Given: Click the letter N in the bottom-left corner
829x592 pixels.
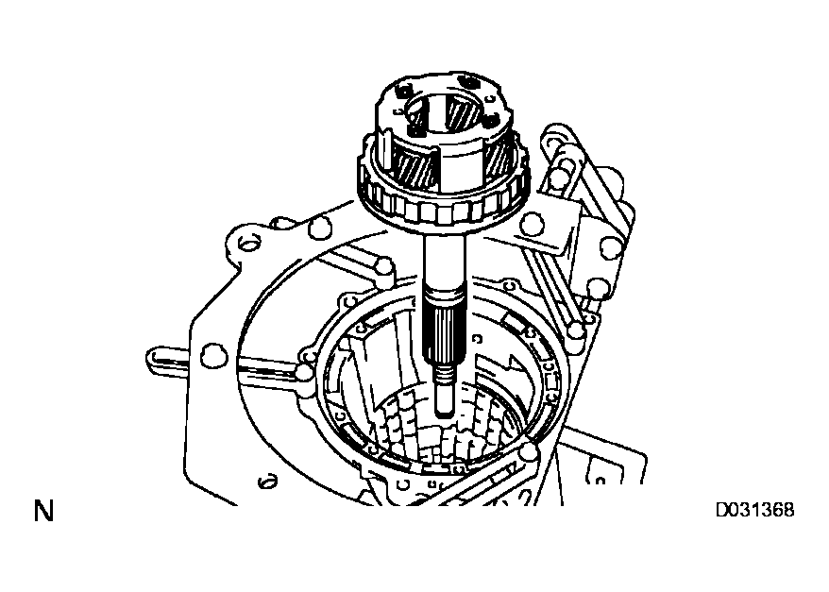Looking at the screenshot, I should click(x=43, y=512).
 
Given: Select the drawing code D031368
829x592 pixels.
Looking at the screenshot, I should click(x=754, y=511).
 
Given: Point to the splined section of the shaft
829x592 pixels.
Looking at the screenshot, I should click(x=445, y=335).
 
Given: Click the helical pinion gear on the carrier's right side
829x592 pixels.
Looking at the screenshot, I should click(x=499, y=156).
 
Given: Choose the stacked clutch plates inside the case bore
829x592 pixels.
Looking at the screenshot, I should click(x=444, y=434).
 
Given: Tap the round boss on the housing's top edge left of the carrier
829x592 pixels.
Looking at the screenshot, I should click(x=321, y=226).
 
